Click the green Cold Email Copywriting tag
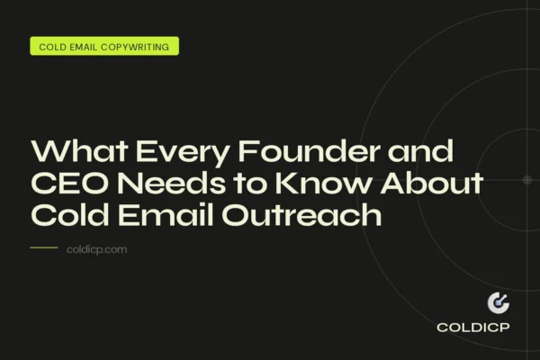coord(104,46)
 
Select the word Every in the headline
coord(165,152)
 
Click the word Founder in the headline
coord(289,152)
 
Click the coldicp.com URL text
coord(97,249)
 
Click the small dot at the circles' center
coord(527,180)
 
